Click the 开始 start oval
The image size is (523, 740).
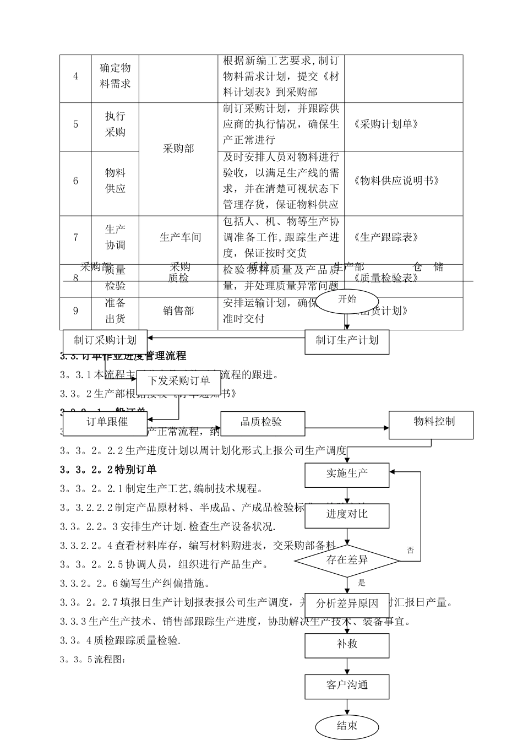347,300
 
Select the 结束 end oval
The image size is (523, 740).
347,726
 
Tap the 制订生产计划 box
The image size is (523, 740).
347,341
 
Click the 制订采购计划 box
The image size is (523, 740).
105,340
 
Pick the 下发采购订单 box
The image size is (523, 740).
179,380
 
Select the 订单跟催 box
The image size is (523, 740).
107,422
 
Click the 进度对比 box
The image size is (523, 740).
347,514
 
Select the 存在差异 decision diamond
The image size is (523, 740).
347,561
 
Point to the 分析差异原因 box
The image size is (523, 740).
347,603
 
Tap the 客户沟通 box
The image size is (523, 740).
347,685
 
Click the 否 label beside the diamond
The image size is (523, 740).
410,550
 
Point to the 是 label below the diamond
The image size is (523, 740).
362,583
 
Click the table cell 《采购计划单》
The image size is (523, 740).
386,124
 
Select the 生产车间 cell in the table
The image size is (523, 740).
180,238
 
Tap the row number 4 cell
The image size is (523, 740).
75,77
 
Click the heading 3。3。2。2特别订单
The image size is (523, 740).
108,470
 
